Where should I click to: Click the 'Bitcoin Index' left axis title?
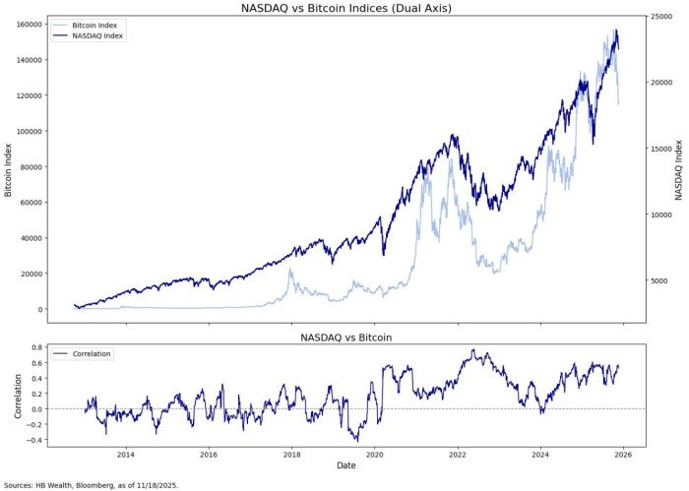tap(9, 168)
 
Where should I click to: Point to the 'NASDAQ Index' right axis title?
tap(679, 168)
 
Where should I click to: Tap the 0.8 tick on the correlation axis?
tap(31, 347)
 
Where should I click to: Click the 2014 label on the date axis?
tap(125, 455)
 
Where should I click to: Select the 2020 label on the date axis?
tap(374, 455)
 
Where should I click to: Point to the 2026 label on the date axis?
tap(624, 455)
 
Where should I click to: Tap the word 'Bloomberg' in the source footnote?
tap(96, 484)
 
